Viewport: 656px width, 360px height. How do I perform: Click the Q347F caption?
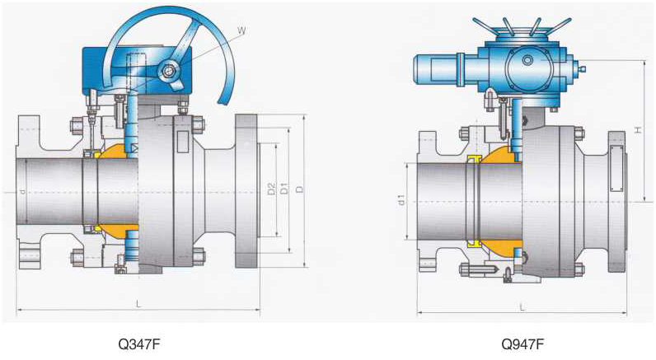tap(139, 344)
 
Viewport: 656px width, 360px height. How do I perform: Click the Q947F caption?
tap(522, 344)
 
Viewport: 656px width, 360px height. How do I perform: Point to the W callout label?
tap(241, 30)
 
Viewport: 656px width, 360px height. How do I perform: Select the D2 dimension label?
tap(271, 189)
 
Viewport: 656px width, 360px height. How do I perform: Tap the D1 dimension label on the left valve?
tap(284, 189)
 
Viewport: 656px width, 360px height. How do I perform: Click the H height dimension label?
tap(638, 130)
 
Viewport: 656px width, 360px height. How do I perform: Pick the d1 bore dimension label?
tap(401, 200)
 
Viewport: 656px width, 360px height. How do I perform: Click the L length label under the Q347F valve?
tap(139, 304)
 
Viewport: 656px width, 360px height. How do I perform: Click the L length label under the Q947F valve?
tap(522, 307)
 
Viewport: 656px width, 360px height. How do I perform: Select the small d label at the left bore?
tap(22, 191)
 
